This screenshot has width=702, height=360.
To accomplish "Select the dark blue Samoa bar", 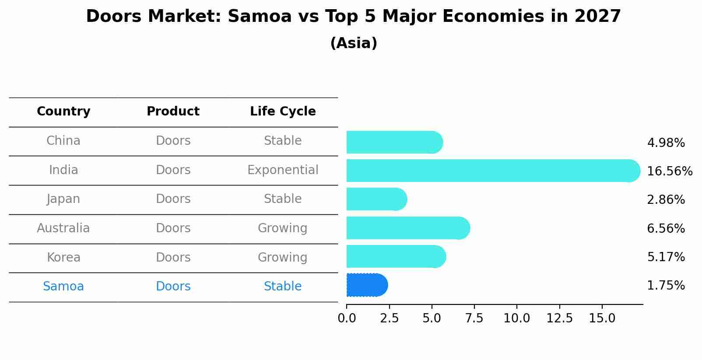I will click(367, 285).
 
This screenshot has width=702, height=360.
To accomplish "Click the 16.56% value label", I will click(669, 171).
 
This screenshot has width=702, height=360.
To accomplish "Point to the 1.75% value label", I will click(666, 286).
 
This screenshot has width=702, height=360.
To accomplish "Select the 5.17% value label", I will click(666, 257).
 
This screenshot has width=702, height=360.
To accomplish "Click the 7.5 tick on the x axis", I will click(474, 318).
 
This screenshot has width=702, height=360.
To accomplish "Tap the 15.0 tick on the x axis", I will click(602, 318).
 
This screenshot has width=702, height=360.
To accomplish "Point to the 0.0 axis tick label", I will click(347, 318).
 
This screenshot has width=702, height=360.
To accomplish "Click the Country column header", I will click(63, 112).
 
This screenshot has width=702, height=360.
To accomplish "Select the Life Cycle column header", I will click(283, 112).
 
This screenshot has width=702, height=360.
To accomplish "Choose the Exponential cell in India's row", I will click(283, 170).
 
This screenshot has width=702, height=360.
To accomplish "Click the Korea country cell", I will click(63, 257).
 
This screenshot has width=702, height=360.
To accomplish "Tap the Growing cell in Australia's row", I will click(283, 228).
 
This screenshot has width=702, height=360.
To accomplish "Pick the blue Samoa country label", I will click(63, 287).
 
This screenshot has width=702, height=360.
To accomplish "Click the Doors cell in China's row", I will click(173, 141).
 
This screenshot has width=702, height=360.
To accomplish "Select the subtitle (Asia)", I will click(354, 43).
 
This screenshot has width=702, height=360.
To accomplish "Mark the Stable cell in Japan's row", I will click(283, 199).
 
